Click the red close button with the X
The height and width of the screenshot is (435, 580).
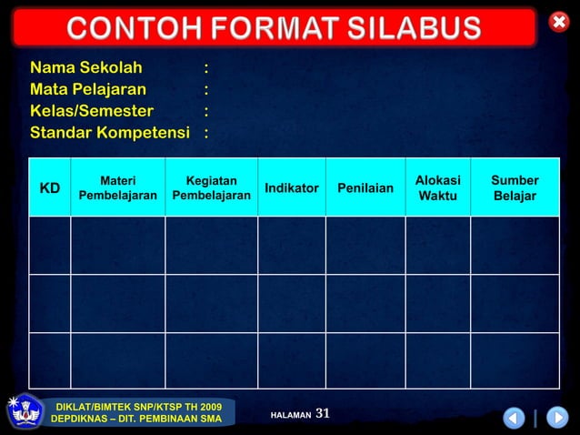558,22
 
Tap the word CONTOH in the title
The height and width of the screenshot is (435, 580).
118,29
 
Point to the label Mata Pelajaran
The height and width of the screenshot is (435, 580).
87,89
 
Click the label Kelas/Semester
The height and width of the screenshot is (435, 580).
92,111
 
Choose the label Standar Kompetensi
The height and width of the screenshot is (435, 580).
110,133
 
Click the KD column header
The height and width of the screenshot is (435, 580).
50,188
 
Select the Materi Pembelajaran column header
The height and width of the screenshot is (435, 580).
118,188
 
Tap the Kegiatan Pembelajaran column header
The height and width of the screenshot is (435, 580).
211,188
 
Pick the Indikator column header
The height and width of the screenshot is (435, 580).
291,188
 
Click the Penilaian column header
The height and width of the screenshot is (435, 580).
365,188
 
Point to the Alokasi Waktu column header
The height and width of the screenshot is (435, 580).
437,188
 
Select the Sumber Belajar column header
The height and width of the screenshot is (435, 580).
515,188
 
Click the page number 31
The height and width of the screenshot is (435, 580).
323,414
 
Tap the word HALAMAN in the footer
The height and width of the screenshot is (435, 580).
291,415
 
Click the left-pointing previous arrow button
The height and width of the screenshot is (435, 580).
515,418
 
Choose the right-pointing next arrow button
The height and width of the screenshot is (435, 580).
557,418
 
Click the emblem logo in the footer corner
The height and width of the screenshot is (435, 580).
23,412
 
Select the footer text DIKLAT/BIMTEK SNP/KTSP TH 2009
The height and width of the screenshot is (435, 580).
138,406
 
